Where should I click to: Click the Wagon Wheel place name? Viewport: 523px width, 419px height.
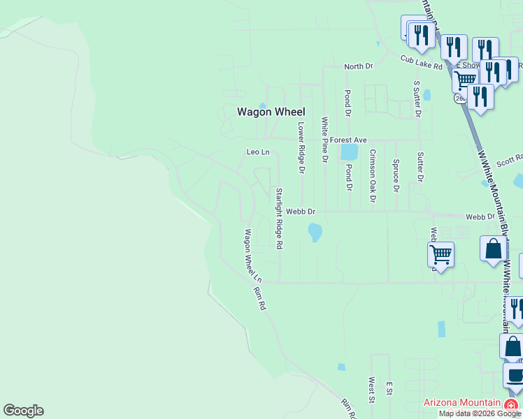(271, 111)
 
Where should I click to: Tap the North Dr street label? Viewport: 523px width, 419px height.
(359, 66)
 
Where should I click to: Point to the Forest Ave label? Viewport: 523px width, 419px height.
(348, 140)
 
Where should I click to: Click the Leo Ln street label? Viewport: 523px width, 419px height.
(257, 152)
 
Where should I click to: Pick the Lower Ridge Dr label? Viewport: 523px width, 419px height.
(302, 148)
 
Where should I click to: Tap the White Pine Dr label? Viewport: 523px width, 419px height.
(325, 140)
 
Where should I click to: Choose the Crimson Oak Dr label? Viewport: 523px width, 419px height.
(373, 175)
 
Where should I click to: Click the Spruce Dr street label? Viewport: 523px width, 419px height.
(396, 175)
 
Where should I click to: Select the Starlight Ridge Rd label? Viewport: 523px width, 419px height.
(279, 219)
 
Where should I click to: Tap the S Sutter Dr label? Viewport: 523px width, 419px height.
(417, 98)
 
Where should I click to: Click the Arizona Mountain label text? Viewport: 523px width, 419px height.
(462, 403)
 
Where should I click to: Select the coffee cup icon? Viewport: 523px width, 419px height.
(515, 375)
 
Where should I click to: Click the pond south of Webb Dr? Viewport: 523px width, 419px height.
(315, 231)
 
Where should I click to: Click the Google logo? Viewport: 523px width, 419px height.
(23, 411)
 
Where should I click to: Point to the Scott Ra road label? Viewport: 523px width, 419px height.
(510, 161)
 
